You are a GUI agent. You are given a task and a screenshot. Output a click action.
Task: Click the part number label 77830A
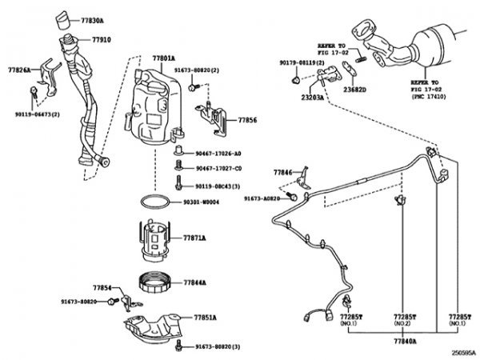tap(92, 16)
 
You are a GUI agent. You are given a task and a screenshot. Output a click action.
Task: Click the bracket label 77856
tap(248, 120)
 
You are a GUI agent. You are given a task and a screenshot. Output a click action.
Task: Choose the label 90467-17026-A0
tap(218, 153)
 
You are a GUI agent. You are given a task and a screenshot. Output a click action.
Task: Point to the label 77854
tap(102, 286)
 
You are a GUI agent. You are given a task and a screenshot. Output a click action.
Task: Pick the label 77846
tap(282, 172)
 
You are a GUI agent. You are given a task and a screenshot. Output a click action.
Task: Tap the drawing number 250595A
tap(462, 352)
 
